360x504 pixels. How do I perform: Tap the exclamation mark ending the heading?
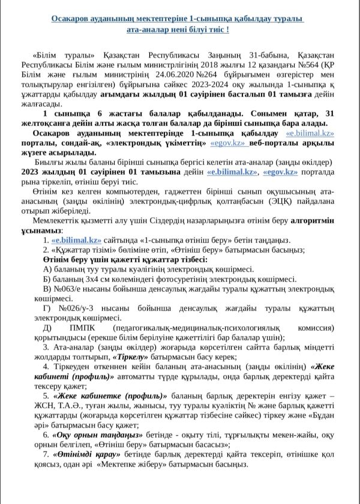(228, 29)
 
